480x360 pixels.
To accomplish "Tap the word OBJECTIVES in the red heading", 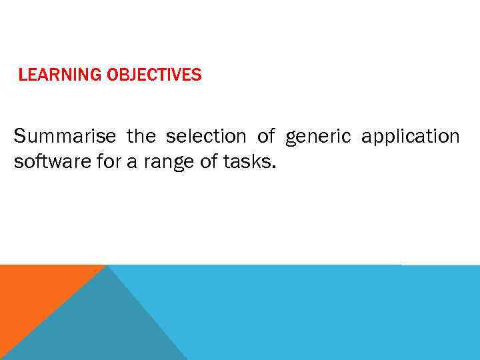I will click(x=154, y=75).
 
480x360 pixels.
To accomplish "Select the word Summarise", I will click(x=65, y=137).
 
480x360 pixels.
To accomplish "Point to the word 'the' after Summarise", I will click(x=141, y=137).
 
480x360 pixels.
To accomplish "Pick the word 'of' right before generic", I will click(x=266, y=137).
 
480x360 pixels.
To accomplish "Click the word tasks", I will click(x=243, y=163).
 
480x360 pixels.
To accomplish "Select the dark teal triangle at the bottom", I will click(x=100, y=327).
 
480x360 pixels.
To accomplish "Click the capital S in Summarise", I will click(x=19, y=137).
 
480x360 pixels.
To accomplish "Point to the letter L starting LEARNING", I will click(x=22, y=75).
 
